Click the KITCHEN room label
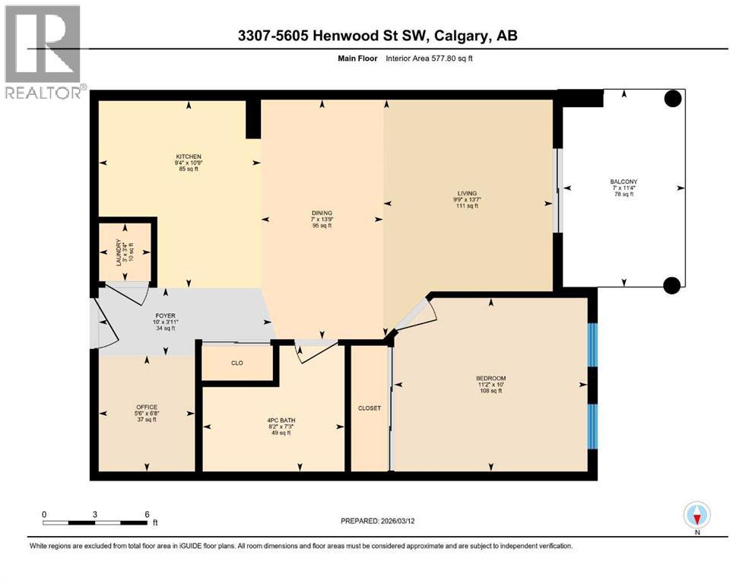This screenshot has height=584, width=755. (x=189, y=157)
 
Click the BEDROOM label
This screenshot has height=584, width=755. (x=490, y=378)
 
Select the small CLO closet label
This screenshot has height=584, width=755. (x=236, y=363)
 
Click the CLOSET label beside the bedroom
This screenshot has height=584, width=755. (x=369, y=408)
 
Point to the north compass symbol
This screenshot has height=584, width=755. (x=696, y=516)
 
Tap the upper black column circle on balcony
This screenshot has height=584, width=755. (x=672, y=98)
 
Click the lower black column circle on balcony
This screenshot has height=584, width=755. (x=671, y=285)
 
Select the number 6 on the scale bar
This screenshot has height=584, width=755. (x=147, y=513)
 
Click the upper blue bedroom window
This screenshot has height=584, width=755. (x=593, y=345)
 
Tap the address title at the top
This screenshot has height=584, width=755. (x=377, y=36)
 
